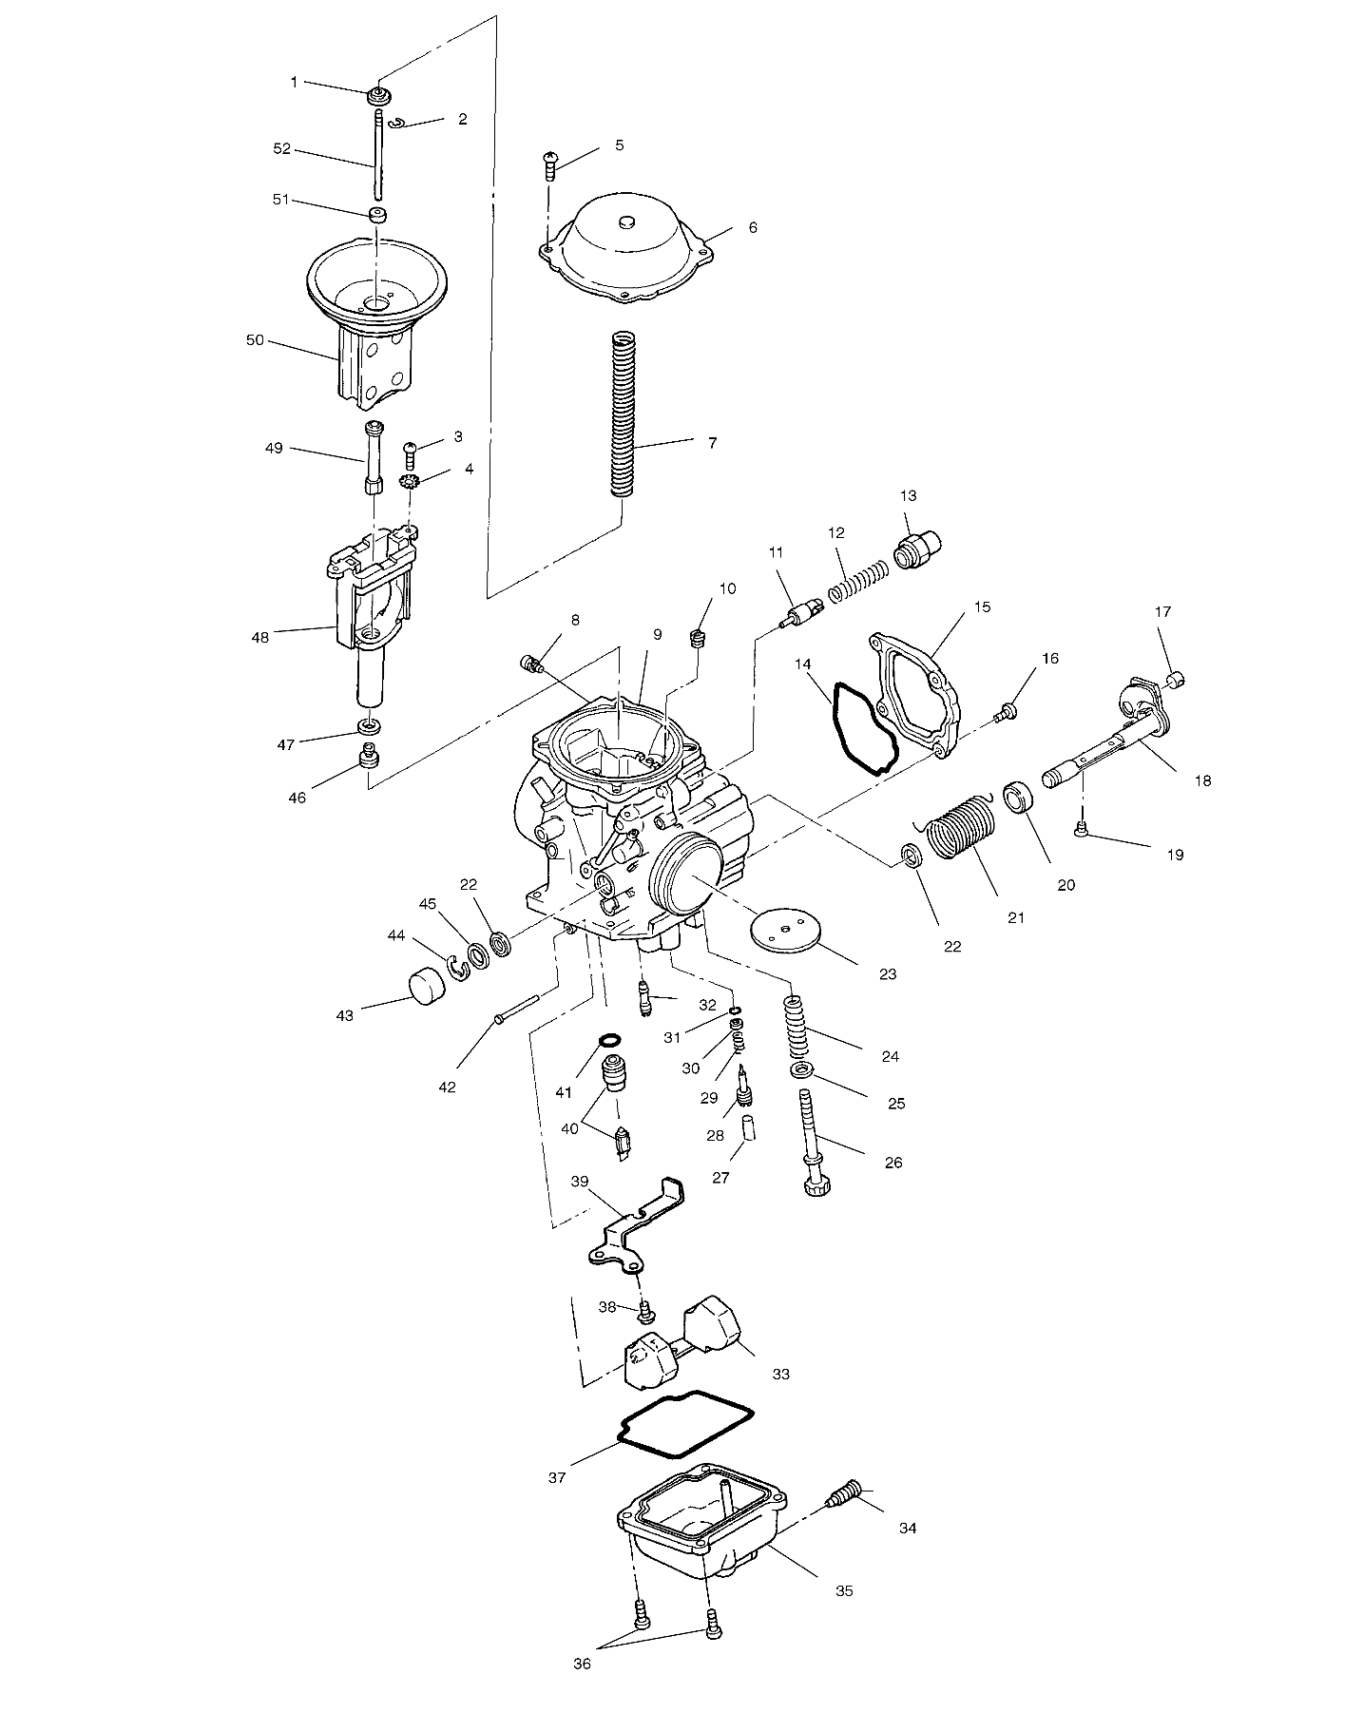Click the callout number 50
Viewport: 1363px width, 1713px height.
pyautogui.click(x=255, y=339)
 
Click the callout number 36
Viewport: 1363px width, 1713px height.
pyautogui.click(x=582, y=1665)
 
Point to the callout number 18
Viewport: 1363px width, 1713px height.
pyautogui.click(x=1202, y=780)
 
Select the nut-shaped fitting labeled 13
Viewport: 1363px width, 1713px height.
pyautogui.click(x=918, y=550)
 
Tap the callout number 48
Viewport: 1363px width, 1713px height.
pyautogui.click(x=259, y=637)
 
